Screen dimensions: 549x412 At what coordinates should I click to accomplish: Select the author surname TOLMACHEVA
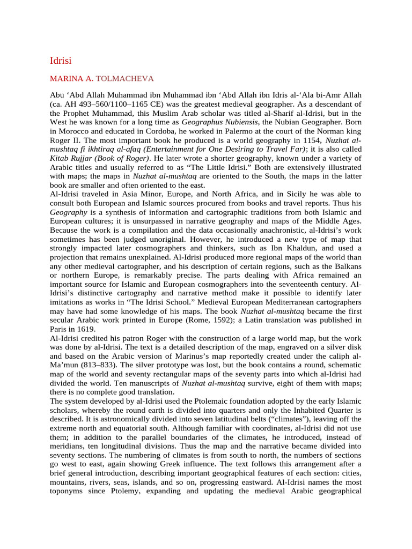(125, 79)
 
